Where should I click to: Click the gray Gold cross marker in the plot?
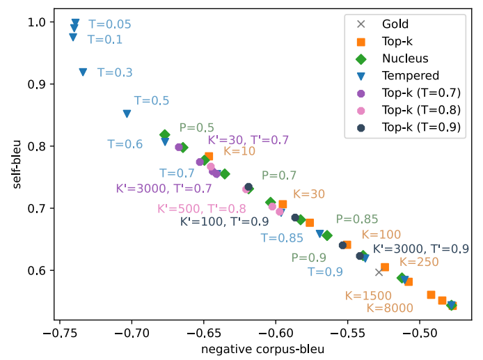point(379,272)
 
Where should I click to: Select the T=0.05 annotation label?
point(110,24)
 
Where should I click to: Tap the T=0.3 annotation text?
point(115,72)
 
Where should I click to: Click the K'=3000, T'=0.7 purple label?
point(164,188)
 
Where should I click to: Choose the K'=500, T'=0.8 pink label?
point(202,209)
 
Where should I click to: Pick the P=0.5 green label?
point(196,127)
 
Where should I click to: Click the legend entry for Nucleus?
point(405,58)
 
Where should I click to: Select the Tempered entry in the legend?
point(410,75)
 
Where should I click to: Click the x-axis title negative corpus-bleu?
point(262,349)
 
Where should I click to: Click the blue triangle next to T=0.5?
point(127,114)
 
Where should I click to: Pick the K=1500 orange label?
point(368,296)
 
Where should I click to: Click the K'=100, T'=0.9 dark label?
point(225,222)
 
